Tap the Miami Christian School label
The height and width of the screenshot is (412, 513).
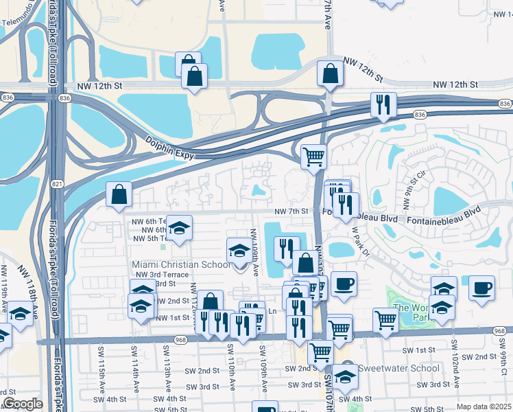[x=181, y=264]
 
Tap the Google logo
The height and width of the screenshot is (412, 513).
[x=23, y=404]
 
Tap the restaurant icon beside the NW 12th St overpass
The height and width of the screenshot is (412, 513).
[x=382, y=105]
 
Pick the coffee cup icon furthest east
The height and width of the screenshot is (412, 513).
[x=481, y=286]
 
